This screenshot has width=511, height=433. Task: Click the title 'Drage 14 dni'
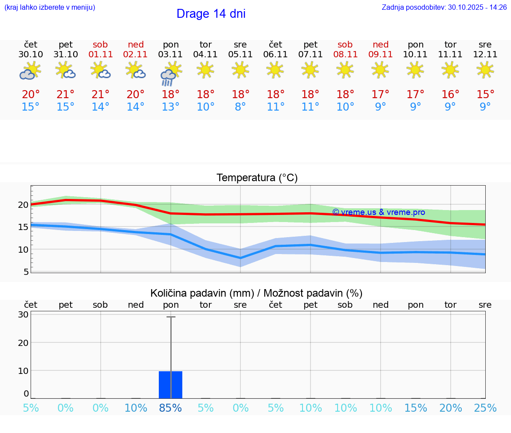coord(211,14)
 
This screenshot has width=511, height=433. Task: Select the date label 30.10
coord(31,55)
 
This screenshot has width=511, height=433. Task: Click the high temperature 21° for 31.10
coord(65,95)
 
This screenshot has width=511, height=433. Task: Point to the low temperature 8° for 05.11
coord(240,107)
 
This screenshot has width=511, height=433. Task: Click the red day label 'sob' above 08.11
coord(345,44)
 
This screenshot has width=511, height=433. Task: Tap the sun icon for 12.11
coord(485,69)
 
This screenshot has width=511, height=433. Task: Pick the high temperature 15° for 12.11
coord(485,95)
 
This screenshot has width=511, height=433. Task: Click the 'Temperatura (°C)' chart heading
coord(257,178)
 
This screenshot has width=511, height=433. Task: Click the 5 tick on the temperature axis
coord(26,271)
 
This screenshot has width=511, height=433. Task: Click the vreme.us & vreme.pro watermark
coord(378,212)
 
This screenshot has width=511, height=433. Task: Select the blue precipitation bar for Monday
coord(171,385)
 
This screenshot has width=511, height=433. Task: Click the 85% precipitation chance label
coord(171,408)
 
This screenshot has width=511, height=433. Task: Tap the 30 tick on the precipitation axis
coord(23,314)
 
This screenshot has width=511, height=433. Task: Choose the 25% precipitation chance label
coord(485,408)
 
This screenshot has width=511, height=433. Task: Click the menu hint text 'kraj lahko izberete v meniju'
coord(49,8)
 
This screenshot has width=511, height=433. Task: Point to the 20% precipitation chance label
coord(451,408)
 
